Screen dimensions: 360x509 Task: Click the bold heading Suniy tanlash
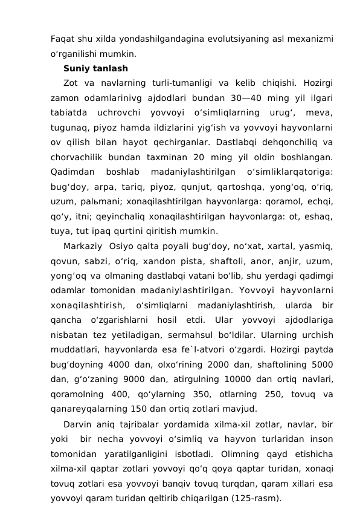click(x=95, y=68)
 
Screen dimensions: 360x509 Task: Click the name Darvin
click(x=77, y=423)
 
